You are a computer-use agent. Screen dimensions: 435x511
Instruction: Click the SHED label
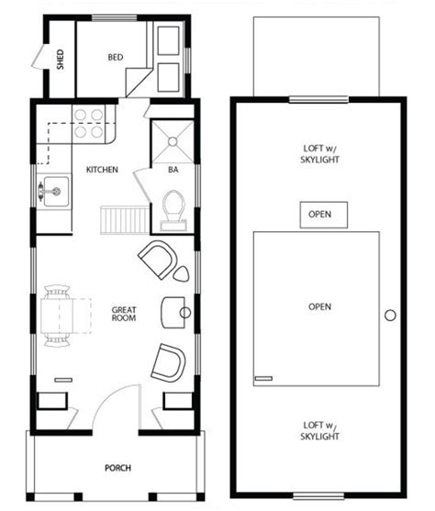pos(61,60)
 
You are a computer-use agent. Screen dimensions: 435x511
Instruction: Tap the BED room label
pos(116,58)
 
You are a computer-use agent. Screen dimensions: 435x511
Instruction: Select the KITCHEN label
pos(102,170)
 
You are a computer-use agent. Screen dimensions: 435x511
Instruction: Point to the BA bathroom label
pos(173,170)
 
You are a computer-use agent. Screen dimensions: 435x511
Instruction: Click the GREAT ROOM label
pos(124,314)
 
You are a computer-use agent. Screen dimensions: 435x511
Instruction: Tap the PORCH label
pos(117,468)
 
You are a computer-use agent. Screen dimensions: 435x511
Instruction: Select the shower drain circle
pos(173,141)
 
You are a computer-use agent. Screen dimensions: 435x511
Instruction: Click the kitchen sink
pos(54,192)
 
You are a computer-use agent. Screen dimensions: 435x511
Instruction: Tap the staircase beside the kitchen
pos(125,219)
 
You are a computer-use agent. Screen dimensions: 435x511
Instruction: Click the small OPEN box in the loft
pos(323,215)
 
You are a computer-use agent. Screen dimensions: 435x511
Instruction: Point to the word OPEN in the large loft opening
pos(319,306)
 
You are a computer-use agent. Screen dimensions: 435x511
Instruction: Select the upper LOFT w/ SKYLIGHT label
pos(319,154)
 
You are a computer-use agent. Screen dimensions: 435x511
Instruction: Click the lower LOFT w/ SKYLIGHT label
pos(319,430)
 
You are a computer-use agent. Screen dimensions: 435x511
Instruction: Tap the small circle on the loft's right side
pos(390,316)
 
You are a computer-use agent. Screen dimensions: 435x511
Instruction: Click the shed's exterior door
pos(39,56)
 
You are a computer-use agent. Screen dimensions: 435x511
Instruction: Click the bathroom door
pos(142,185)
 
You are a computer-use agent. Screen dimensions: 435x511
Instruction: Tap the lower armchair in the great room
pos(169,362)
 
